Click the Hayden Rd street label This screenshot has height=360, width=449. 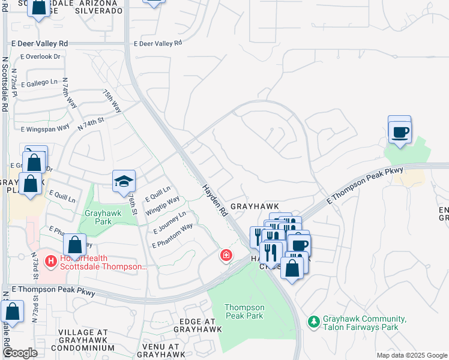[215, 200]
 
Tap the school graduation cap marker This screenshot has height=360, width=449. [124, 181]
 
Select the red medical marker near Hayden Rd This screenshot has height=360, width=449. [226, 256]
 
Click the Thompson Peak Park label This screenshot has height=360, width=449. [244, 311]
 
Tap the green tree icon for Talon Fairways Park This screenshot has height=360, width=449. [313, 323]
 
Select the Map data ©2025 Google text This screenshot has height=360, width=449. [411, 355]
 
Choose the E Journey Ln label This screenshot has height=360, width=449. [170, 222]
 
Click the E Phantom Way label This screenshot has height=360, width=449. [173, 236]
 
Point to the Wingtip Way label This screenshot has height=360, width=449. [163, 205]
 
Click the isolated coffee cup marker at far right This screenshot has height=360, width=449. [400, 131]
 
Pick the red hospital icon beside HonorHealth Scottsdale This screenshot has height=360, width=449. [52, 262]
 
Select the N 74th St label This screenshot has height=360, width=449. [91, 124]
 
